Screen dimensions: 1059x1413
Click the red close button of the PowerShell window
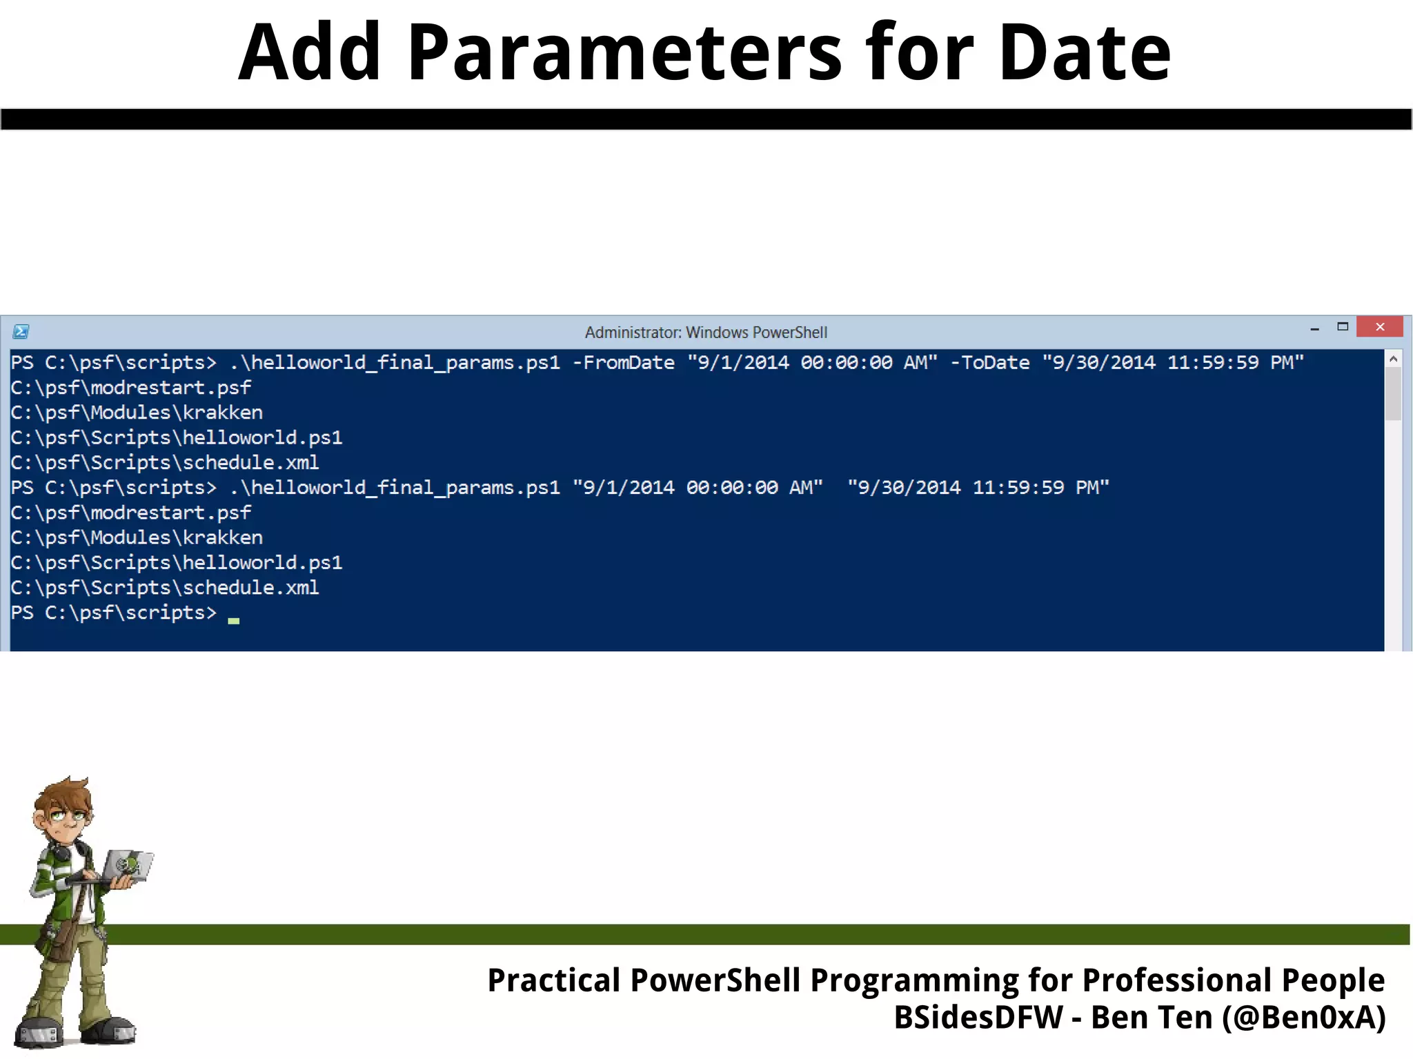1379,327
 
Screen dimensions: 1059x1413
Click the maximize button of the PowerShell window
1342,327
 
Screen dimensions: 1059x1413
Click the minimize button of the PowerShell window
1314,329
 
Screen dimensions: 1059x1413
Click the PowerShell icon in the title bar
21,332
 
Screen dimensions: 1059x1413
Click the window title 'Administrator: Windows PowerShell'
706,333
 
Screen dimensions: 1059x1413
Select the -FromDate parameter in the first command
623,363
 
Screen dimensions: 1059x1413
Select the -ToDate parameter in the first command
989,363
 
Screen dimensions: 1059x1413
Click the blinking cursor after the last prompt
234,620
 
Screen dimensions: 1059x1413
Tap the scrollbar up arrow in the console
1393,359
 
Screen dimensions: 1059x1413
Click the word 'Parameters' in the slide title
624,52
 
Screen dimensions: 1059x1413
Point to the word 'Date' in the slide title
1085,52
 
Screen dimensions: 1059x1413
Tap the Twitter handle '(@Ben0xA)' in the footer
1303,1018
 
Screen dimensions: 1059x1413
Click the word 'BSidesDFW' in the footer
978,1018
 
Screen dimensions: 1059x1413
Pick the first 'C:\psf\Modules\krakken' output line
137,413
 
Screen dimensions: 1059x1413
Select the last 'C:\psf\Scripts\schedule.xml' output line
165,588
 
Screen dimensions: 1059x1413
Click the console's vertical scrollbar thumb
1393,393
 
